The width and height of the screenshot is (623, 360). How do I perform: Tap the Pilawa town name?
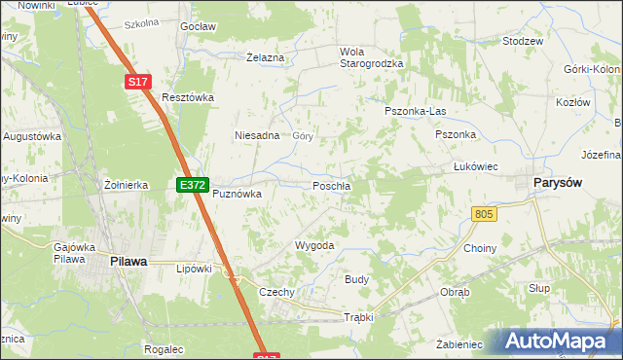coord(128,261)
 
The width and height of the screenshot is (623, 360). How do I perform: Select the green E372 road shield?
coord(191,184)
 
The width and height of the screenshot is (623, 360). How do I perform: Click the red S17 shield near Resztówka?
coord(137,84)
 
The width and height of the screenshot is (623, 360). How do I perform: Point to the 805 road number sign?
coord(484,214)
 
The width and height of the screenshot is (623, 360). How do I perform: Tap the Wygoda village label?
coord(314,246)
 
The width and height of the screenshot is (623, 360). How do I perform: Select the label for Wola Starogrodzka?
coord(370,57)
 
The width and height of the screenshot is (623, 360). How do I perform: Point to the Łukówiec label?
coord(476,166)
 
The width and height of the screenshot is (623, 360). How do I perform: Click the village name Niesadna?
coord(257,136)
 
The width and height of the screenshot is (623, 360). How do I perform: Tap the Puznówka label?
coord(238,194)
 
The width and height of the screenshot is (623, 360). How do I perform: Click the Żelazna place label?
coord(265,58)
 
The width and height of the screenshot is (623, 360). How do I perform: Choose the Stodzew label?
coord(522,42)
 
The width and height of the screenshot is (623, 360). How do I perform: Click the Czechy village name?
coord(276,293)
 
